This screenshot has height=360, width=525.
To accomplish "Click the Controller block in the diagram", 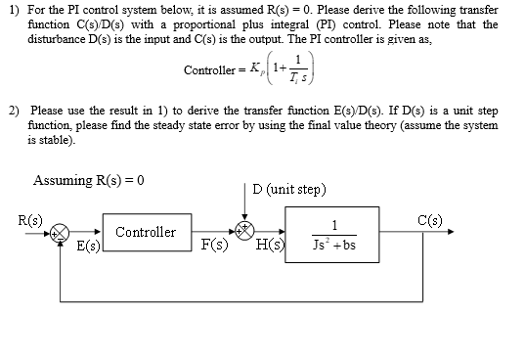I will (x=146, y=233).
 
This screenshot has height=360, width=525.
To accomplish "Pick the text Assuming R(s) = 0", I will (x=89, y=180).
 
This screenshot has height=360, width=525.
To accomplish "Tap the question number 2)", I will (x=12, y=112).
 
